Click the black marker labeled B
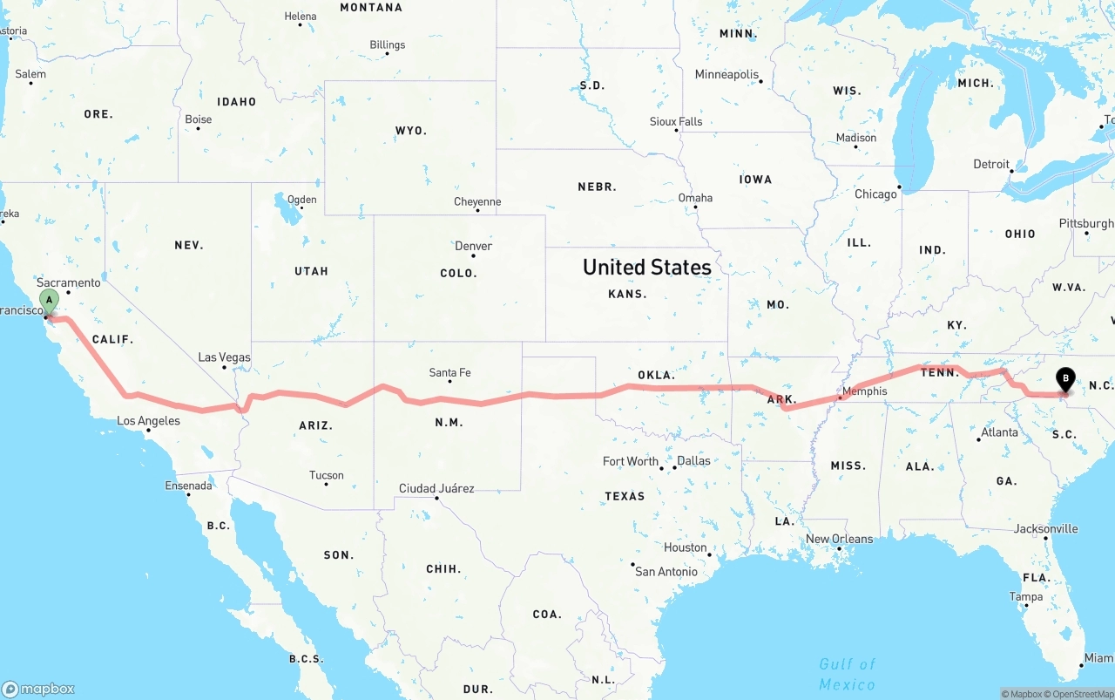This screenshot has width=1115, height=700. (1064, 378)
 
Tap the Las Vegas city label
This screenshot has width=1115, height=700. (224, 357)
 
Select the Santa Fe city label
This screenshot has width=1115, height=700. (449, 373)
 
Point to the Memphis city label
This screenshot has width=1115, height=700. (865, 391)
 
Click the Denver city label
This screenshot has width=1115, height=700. (473, 247)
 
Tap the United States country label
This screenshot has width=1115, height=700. (646, 267)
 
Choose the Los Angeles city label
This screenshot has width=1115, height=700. (148, 421)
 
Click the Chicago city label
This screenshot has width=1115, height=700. (875, 194)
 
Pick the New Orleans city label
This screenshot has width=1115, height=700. (839, 539)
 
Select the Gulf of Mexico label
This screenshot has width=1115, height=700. (847, 674)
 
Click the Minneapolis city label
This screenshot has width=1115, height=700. (726, 75)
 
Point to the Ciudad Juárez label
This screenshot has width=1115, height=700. (436, 488)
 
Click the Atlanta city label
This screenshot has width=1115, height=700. (999, 432)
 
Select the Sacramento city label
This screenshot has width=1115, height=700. (69, 282)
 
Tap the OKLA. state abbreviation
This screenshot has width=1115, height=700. (656, 376)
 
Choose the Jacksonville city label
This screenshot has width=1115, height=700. (1045, 528)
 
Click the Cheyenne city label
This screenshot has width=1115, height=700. (477, 202)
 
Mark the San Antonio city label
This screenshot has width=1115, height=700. (666, 572)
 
